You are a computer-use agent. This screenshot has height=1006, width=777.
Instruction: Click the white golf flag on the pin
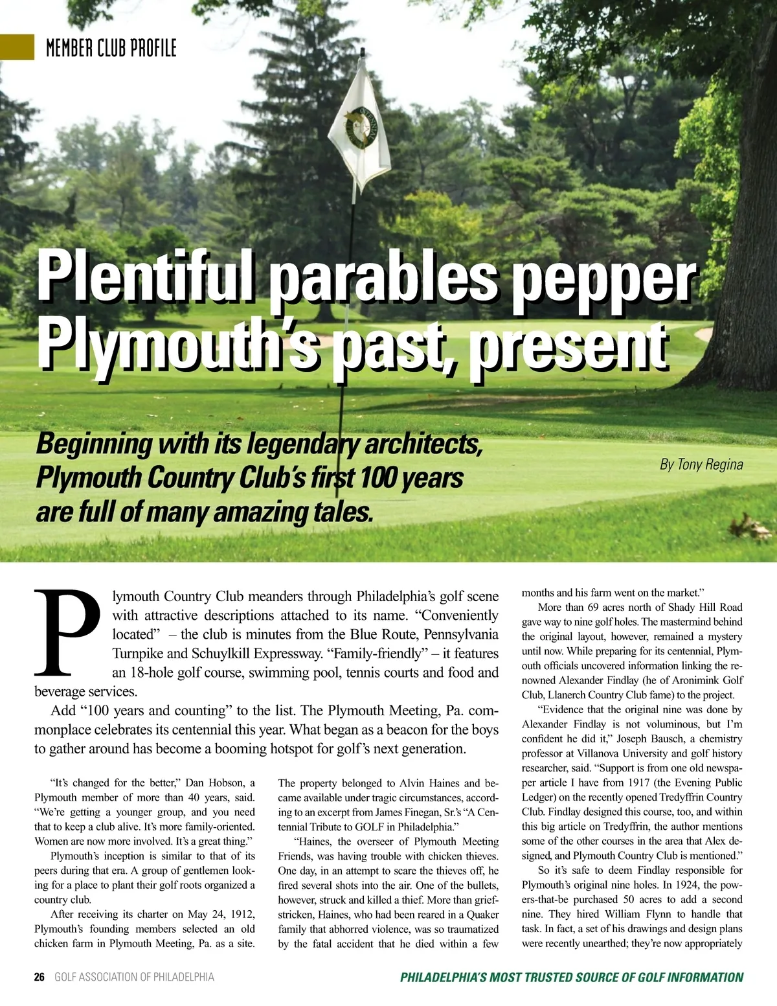(x=359, y=133)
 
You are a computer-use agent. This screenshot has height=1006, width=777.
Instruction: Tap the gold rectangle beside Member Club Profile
(x=17, y=47)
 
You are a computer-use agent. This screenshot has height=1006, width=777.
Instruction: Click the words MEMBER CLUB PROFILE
(x=111, y=48)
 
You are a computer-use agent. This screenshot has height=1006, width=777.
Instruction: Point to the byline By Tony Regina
(x=701, y=464)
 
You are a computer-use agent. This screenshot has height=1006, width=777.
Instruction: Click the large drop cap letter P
(x=67, y=632)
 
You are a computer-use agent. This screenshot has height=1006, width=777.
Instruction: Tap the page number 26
(x=39, y=977)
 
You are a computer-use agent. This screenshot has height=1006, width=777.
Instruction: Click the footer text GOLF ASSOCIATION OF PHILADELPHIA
(x=134, y=977)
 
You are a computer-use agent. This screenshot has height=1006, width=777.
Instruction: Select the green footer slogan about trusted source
(x=572, y=977)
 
